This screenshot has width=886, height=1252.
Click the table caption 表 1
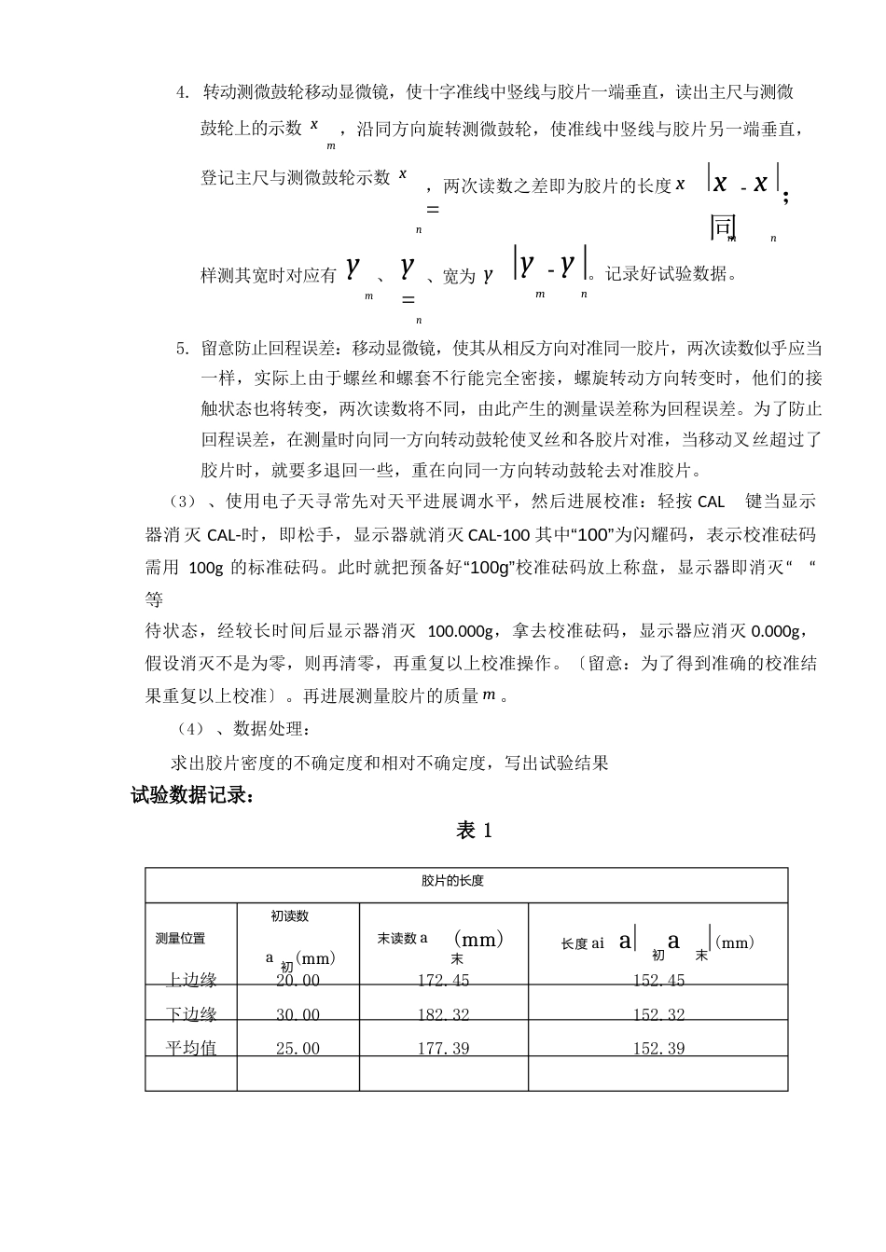tap(474, 831)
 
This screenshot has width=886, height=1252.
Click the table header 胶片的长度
tap(452, 881)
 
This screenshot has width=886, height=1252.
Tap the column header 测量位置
tap(180, 939)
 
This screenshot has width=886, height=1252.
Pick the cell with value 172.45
tap(443, 981)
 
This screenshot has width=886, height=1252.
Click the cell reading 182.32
tap(443, 1015)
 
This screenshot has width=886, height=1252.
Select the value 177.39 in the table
tap(443, 1049)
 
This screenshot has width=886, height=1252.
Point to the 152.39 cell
tap(658, 1049)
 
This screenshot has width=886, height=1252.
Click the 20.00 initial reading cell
tap(298, 981)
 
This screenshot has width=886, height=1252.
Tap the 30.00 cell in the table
tap(298, 1015)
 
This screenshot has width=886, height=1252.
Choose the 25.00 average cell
tap(298, 1049)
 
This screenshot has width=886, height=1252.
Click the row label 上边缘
tap(191, 981)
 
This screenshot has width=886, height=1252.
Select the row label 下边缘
tap(191, 1015)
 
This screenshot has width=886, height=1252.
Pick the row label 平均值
tap(191, 1049)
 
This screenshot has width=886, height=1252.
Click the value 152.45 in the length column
tap(658, 981)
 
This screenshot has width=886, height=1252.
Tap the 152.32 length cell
tap(658, 1015)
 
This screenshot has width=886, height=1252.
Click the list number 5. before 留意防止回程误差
tap(183, 349)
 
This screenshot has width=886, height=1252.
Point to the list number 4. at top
tap(183, 92)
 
